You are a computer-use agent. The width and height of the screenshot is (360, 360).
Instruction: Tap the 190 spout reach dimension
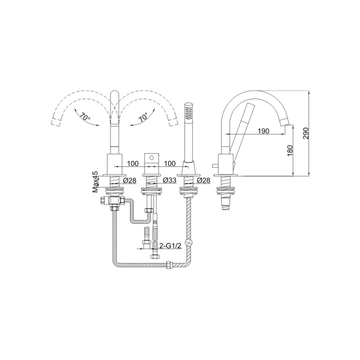coord(264,131)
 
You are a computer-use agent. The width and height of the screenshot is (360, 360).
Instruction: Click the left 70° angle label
coord(84,117)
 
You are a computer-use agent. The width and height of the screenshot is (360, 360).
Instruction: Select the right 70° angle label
coord(143,118)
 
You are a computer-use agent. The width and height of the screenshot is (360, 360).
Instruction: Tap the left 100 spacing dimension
coord(132,163)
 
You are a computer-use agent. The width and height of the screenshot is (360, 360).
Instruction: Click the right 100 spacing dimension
coord(170,163)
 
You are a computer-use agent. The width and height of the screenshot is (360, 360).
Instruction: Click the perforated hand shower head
coord(188,112)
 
